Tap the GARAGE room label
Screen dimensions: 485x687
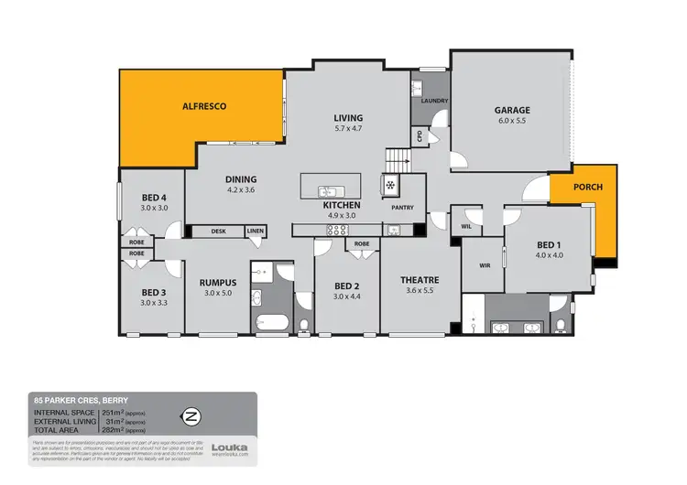[x=514, y=111]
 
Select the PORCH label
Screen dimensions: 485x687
[x=587, y=188]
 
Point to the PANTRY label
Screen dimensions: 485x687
[x=402, y=208]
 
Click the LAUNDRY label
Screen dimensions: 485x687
[x=432, y=101]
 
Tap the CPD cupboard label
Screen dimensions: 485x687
[x=420, y=136]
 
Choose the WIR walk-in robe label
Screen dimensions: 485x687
[x=485, y=266]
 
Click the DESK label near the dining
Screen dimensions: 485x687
[x=218, y=232]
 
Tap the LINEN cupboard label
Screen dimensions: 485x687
[x=255, y=232]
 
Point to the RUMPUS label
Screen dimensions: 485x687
[x=218, y=283]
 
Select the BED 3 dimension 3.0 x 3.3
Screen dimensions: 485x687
[x=154, y=302]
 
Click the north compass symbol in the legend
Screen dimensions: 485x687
[x=191, y=416]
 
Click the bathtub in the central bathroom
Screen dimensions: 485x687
[x=273, y=322]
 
